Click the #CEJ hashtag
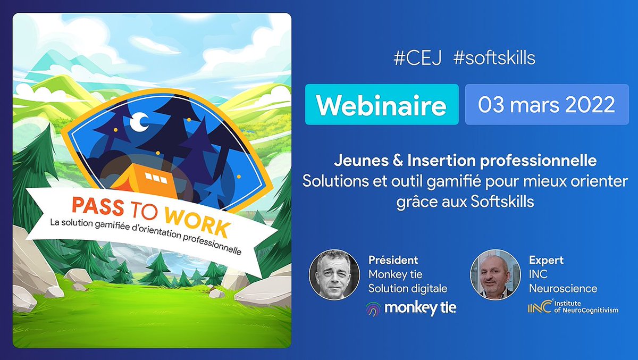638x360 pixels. (x=418, y=58)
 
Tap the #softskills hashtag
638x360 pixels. (x=494, y=58)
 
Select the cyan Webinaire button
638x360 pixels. (x=382, y=105)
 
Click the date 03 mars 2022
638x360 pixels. (x=547, y=105)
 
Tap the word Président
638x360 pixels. (x=393, y=260)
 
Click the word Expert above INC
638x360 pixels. (x=546, y=260)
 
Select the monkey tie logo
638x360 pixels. (x=410, y=308)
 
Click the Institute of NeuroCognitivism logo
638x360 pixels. (x=573, y=308)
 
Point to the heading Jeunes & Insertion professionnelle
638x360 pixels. (x=465, y=160)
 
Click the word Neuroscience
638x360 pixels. (x=563, y=289)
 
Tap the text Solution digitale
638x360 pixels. (x=408, y=289)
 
